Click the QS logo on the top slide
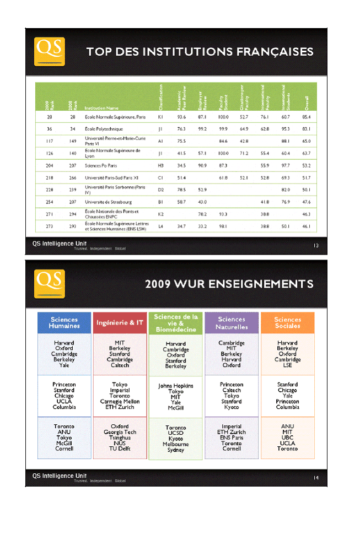[50, 51]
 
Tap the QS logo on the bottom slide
[50, 283]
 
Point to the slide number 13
[316, 246]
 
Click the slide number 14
[316, 477]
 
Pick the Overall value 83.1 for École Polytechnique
[306, 129]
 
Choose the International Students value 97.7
[286, 165]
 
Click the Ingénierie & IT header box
[120, 322]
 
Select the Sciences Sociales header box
[287, 322]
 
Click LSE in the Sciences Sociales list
[287, 365]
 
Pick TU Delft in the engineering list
[120, 449]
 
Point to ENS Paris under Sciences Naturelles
[232, 438]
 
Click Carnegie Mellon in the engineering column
[120, 401]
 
